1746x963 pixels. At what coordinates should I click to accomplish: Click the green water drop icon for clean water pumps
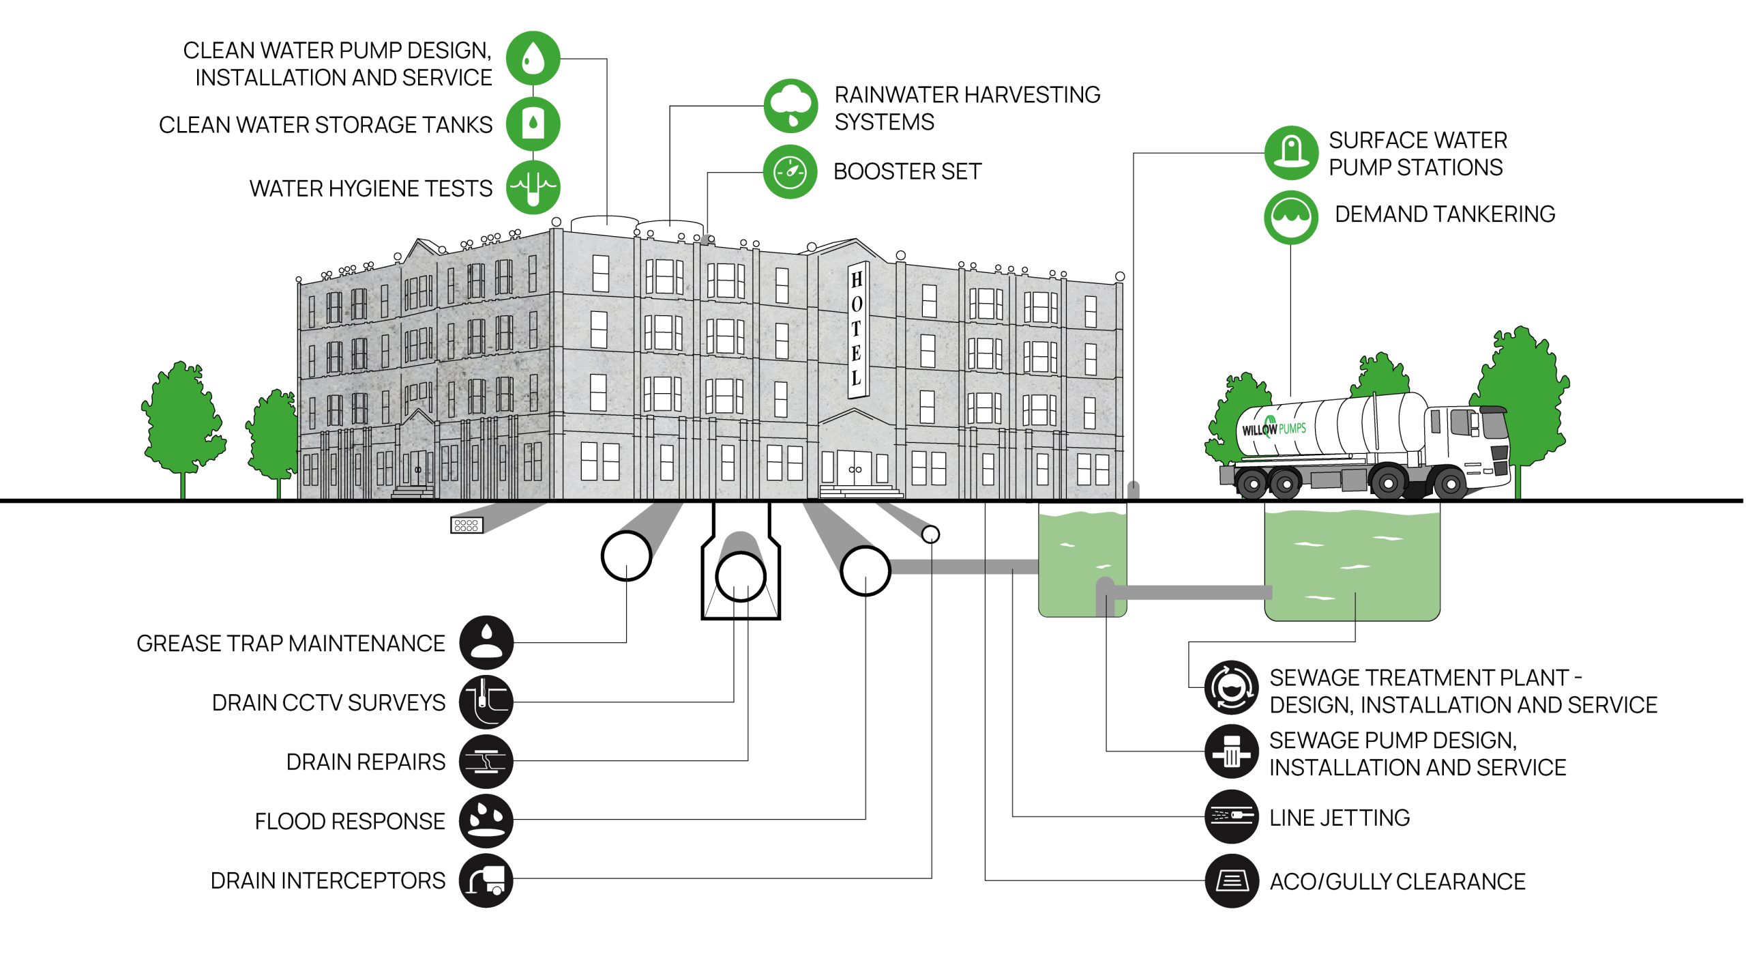533,59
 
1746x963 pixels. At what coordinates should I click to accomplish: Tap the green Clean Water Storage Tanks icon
533,124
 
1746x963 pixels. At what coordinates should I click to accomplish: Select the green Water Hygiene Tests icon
533,187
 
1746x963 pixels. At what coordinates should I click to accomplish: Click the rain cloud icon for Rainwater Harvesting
790,106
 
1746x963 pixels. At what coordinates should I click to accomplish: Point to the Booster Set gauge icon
790,171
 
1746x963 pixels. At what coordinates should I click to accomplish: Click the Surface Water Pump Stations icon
1290,153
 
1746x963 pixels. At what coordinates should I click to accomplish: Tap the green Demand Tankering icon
1290,217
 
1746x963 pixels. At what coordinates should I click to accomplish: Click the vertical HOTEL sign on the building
857,329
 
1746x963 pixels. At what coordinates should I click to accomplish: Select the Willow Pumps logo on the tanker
1273,429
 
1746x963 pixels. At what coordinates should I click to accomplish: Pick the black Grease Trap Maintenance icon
486,642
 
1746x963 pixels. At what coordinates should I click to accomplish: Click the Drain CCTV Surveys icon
486,702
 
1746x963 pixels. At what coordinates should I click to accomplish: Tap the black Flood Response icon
486,820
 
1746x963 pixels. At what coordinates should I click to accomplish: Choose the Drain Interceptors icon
486,880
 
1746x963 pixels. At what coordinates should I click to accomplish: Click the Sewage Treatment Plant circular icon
1230,687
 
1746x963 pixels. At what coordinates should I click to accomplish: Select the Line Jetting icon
1230,816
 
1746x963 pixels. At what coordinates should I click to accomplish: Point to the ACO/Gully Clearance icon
1230,880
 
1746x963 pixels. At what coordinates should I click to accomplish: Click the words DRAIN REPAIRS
366,762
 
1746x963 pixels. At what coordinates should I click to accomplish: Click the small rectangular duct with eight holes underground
467,525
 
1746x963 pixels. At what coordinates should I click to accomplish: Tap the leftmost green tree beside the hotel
183,420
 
